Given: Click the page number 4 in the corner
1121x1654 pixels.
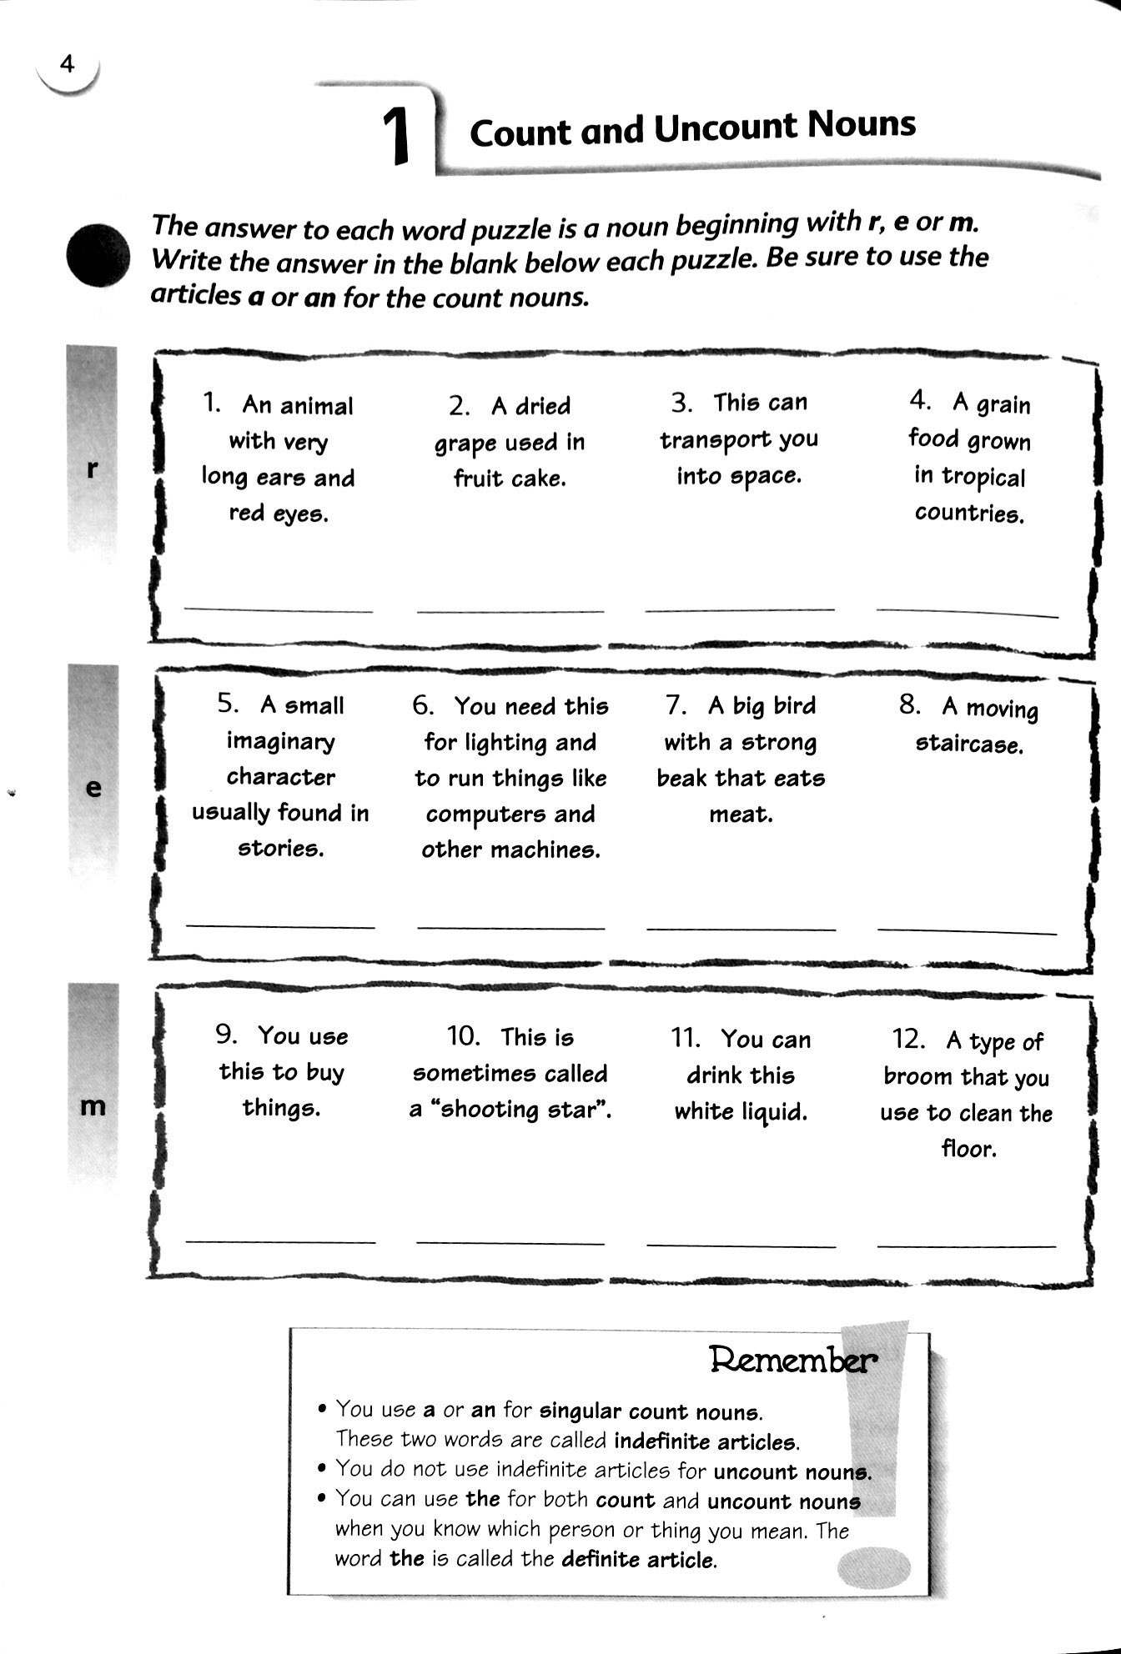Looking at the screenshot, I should (x=68, y=63).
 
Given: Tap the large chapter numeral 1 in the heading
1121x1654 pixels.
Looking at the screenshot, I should (x=397, y=137).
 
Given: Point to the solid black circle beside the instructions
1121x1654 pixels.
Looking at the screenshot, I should (x=98, y=257).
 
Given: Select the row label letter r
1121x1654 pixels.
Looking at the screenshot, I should (x=93, y=469).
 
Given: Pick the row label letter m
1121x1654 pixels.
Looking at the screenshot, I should (x=93, y=1106).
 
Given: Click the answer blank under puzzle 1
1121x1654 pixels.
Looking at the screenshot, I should (x=279, y=610).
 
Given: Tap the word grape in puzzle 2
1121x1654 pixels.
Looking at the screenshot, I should (x=463, y=444).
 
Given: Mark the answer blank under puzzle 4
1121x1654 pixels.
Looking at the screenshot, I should (x=968, y=613).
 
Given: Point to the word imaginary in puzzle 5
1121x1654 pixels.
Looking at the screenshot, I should (x=281, y=740).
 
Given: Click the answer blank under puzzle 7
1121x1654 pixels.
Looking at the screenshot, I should (x=741, y=927).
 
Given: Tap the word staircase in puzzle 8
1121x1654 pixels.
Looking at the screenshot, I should (x=968, y=744).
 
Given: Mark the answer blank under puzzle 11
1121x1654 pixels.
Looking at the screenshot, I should (x=741, y=1246).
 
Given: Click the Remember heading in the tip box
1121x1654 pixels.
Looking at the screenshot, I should (x=792, y=1360).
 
